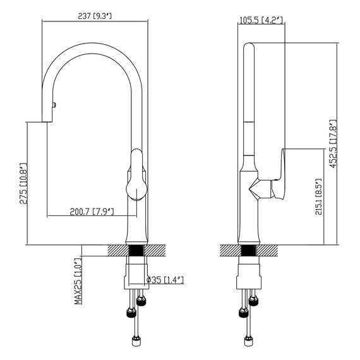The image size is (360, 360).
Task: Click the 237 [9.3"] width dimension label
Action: [95, 16]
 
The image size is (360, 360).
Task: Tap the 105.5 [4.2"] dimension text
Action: [261, 20]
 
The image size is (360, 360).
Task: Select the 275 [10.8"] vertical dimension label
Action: [23, 183]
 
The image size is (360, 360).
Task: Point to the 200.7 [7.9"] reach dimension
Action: [92, 212]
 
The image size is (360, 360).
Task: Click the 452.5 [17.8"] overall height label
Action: [333, 144]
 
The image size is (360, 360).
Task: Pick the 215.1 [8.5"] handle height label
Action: [318, 197]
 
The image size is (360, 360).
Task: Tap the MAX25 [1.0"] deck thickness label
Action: [78, 282]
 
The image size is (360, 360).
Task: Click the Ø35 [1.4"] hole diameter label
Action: [165, 280]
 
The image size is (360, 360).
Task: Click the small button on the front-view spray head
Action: [54, 105]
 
